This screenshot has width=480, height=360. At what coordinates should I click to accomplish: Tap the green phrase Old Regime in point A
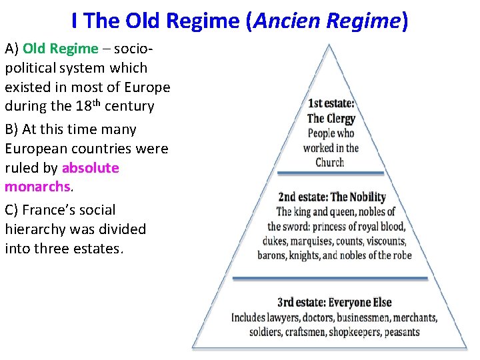[x=60, y=49]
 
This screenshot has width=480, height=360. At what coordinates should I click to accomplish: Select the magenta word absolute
[x=91, y=168]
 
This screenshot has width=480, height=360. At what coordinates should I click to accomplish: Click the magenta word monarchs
[x=37, y=187]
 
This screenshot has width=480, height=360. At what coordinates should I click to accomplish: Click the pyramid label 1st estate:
[x=331, y=103]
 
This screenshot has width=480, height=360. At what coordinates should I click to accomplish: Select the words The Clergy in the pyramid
[x=331, y=118]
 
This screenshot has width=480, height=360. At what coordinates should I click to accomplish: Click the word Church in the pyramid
[x=330, y=162]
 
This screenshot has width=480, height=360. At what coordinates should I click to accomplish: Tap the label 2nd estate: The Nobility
[x=331, y=197]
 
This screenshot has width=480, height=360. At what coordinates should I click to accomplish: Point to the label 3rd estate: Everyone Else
[x=335, y=302]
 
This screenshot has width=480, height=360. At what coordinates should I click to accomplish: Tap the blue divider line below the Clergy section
[x=331, y=173]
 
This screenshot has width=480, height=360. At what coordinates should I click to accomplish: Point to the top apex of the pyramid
[x=327, y=46]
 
